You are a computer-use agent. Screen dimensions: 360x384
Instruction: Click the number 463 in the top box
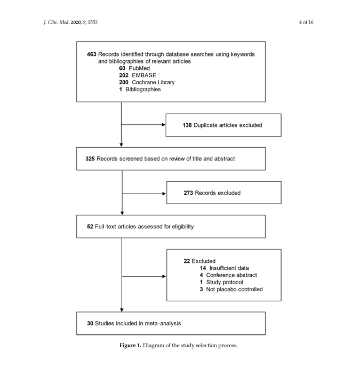[91, 54]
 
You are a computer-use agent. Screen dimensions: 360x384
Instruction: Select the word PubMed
[139, 68]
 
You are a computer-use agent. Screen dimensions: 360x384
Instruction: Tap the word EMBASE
[144, 75]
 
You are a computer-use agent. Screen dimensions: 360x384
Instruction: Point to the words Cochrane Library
[153, 82]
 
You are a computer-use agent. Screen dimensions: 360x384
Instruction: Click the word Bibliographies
[143, 90]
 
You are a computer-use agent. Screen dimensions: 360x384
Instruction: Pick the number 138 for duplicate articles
[187, 125]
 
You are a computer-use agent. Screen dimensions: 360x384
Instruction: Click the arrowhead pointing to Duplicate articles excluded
[164, 125]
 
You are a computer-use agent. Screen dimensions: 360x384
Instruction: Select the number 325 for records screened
[90, 159]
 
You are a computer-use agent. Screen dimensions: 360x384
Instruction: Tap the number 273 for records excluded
[188, 193]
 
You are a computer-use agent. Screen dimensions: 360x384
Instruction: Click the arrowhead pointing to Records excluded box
[164, 194]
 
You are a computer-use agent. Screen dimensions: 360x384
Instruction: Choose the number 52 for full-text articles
[90, 227]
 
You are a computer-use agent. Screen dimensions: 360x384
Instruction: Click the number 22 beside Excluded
[187, 261]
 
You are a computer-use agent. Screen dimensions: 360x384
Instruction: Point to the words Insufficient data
[229, 268]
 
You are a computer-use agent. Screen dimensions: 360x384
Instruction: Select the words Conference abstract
[231, 275]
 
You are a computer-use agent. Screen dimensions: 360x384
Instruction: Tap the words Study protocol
[225, 282]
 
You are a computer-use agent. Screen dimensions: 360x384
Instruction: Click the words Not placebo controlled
[234, 290]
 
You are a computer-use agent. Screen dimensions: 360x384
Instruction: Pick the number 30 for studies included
[90, 324]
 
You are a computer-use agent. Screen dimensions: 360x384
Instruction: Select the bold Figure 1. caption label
[130, 346]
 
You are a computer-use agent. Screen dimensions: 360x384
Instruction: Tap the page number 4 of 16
[306, 22]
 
